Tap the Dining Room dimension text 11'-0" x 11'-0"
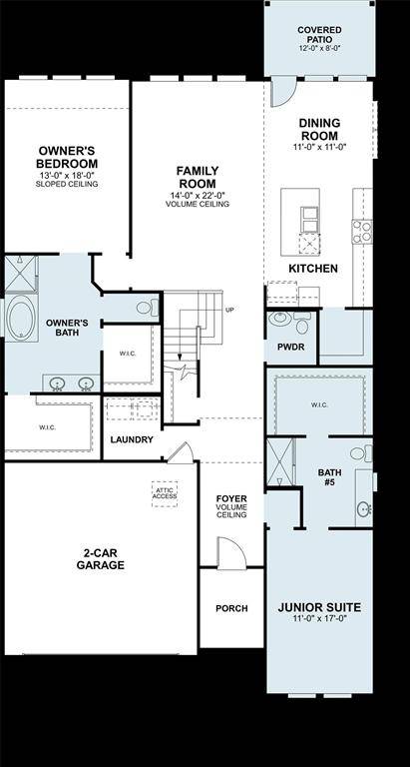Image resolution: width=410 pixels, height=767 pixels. coord(319,147)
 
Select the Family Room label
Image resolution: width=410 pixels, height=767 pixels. coord(197,178)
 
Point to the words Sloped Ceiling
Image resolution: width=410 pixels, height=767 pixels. coord(67,185)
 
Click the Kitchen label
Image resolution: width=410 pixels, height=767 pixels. coord(312,269)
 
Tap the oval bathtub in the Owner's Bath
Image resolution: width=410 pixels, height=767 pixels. coord(21,319)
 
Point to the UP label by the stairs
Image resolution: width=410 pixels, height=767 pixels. coord(230,310)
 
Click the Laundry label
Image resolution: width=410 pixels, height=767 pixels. coord(132,439)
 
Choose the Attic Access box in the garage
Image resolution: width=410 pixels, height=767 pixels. coord(165,491)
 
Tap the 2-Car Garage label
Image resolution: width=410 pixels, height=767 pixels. coord(103,557)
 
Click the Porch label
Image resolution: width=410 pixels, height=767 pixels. coord(231,608)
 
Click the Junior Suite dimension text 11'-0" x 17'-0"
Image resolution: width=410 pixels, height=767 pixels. coord(318,619)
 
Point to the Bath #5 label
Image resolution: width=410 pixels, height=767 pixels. coord(329,477)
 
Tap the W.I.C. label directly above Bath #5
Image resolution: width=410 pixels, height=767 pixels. coord(319,404)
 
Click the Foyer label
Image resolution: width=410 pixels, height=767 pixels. coord(231,505)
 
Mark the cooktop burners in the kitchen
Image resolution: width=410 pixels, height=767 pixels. coord(361,232)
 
